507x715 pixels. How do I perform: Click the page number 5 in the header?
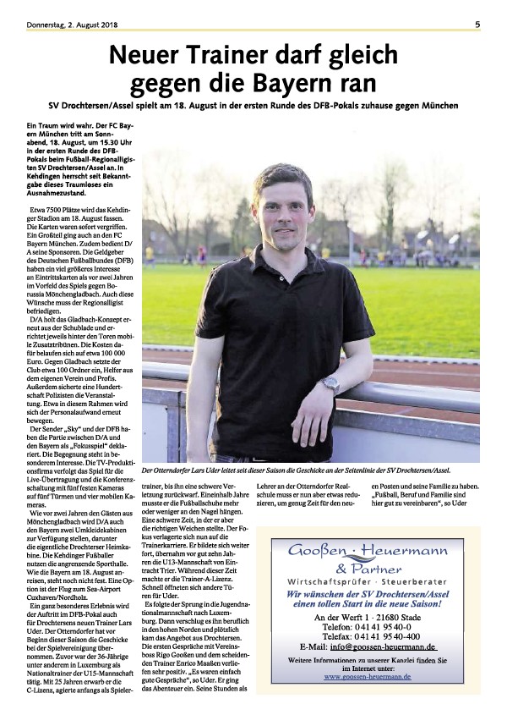(477, 25)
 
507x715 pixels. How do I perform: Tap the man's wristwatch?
(330, 382)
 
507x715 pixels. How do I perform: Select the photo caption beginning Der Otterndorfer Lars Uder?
(296, 470)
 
